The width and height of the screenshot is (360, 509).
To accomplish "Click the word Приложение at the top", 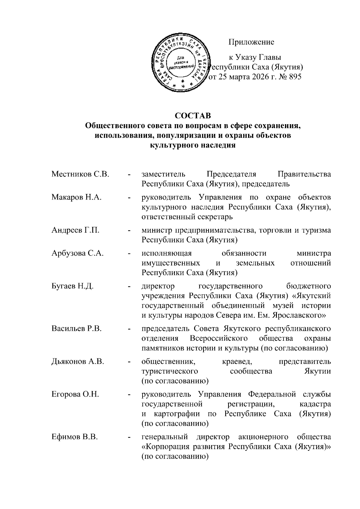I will click(251, 42).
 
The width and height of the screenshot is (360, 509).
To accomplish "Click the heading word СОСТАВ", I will click(193, 115).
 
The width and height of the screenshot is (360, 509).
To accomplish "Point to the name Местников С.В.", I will click(80, 174).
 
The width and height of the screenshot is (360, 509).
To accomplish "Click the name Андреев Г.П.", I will click(76, 230).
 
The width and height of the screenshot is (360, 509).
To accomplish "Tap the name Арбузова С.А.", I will click(78, 253).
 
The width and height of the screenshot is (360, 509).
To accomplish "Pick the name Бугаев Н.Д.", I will click(73, 286).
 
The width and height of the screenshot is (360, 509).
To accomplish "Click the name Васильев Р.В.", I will click(77, 329).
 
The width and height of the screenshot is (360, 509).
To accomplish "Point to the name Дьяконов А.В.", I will click(78, 361).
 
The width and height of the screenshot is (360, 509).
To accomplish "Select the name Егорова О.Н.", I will click(75, 394).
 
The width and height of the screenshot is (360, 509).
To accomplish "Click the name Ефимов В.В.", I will click(75, 437).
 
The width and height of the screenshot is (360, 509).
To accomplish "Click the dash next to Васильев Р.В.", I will click(129, 329).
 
